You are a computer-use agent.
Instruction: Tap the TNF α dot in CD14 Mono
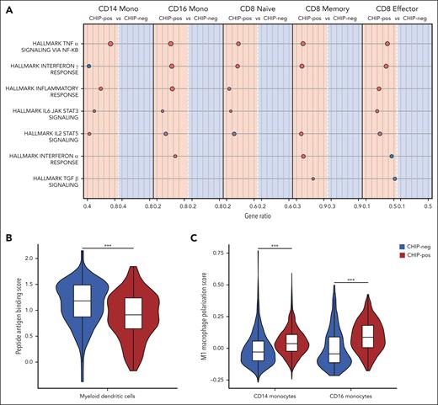(111, 43)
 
